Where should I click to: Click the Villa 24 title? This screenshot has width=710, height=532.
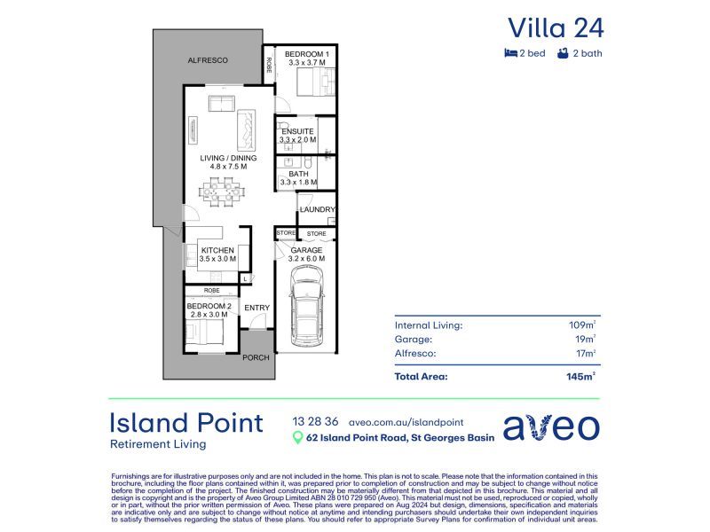[556, 27]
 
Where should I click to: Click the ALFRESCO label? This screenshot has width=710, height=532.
[208, 59]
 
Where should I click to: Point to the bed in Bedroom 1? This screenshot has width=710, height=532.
[312, 84]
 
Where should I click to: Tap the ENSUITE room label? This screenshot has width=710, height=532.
[296, 131]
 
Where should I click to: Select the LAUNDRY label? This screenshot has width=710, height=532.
[317, 209]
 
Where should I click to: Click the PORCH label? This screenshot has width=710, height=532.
[256, 358]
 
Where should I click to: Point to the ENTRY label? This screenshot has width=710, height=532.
[256, 308]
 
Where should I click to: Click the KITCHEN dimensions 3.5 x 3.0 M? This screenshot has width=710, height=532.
[217, 259]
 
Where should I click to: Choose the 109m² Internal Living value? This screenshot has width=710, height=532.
[582, 325]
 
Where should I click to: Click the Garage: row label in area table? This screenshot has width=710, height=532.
[414, 339]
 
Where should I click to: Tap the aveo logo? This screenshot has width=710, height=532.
[551, 426]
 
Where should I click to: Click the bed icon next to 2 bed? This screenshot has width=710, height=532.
[511, 53]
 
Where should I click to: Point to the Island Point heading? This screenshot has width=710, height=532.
[185, 422]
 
